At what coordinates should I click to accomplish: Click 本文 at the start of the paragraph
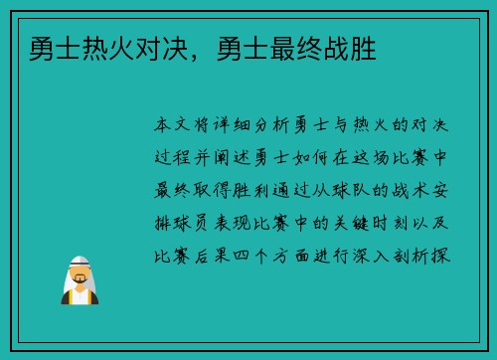(x=176, y=126)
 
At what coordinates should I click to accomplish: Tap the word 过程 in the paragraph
(x=176, y=158)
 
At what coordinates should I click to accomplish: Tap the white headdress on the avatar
(x=83, y=261)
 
